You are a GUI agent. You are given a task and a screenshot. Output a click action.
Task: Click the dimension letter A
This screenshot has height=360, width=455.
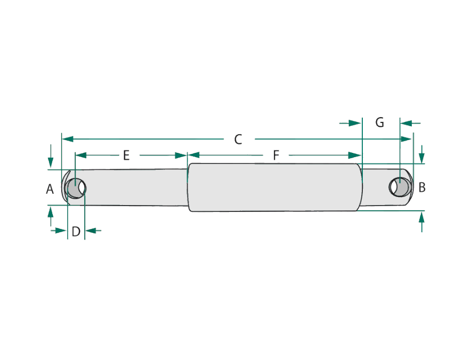click(50, 189)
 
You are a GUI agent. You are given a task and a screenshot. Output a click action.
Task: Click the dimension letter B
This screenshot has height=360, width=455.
click(422, 187)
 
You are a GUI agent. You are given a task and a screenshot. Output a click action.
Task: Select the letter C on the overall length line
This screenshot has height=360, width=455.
click(238, 140)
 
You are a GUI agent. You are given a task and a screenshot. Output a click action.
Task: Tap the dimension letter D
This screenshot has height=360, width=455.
click(76, 232)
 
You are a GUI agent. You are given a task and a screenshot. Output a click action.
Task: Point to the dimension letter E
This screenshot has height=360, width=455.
click(126, 156)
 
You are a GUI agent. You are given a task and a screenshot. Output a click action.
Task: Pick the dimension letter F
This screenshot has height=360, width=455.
click(276, 156)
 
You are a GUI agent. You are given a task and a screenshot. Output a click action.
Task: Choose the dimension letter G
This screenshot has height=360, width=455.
click(379, 122)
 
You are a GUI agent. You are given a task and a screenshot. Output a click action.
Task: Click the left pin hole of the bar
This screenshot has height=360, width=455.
click(76, 188)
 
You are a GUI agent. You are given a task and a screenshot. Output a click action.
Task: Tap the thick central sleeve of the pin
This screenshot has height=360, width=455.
click(275, 187)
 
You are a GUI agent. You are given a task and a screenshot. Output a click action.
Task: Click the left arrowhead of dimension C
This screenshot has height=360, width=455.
click(68, 139)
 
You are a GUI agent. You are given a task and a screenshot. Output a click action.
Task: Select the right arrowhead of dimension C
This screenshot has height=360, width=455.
click(406, 139)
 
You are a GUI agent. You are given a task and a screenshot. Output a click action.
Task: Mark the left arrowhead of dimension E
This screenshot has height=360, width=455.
click(81, 155)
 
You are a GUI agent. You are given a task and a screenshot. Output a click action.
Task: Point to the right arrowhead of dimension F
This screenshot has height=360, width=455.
click(355, 155)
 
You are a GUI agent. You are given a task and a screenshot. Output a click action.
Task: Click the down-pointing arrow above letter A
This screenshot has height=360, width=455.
click(51, 156)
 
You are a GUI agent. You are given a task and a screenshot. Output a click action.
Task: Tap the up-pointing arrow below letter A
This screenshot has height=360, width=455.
click(51, 216)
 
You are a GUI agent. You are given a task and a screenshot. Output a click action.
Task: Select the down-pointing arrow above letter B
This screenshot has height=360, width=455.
click(422, 154)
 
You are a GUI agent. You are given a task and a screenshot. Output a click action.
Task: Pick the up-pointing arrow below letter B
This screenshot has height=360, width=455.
click(422, 222)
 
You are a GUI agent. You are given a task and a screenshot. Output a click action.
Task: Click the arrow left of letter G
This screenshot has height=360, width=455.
click(351, 124)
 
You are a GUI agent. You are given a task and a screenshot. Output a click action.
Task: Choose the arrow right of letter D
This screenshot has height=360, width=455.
click(93, 231)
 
